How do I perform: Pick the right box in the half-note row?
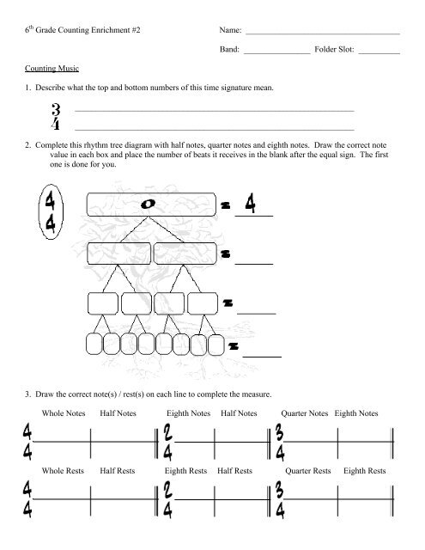point(187,254)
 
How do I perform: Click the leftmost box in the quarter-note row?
point(102,303)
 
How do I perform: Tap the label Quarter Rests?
point(307,472)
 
